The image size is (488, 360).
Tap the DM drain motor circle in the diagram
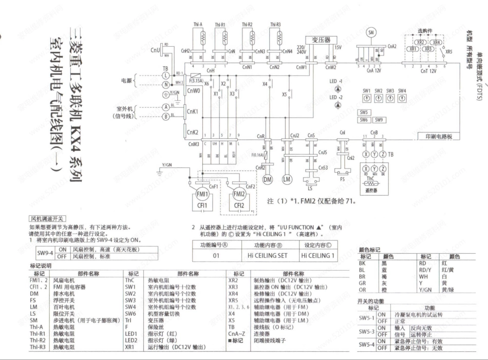click(268, 179)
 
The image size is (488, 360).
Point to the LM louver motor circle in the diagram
click(287, 179)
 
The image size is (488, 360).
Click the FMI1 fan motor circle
click(202, 194)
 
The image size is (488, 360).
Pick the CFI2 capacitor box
click(239, 206)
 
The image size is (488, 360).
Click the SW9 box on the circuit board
click(379, 120)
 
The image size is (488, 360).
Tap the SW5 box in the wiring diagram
click(364, 112)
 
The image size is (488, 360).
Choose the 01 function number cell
click(216, 255)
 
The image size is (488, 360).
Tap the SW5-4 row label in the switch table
click(367, 344)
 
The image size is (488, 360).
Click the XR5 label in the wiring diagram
click(448, 52)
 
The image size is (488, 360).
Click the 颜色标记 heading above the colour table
click(369, 249)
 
